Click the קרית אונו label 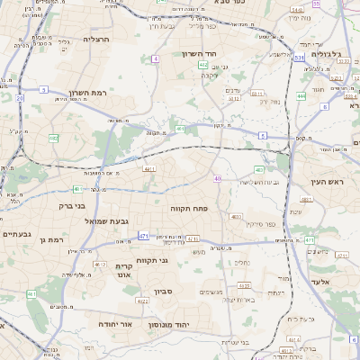[x=124, y=270]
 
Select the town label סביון [x=163, y=292]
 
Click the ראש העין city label [x=341, y=182]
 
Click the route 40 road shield [x=217, y=178]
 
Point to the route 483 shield [x=259, y=169]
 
